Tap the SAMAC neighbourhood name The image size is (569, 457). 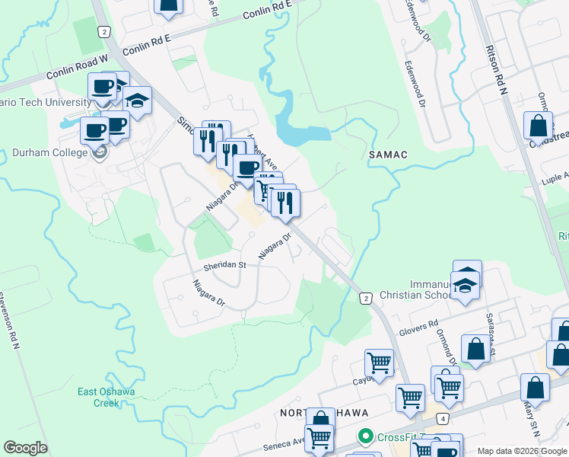coord(388,155)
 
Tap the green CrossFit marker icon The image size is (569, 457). coord(366,436)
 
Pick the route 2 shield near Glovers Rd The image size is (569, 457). coord(367,298)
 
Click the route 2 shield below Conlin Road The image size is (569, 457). coord(103,30)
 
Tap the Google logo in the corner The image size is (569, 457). coord(25,448)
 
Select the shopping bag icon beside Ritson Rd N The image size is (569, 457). coord(538,126)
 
